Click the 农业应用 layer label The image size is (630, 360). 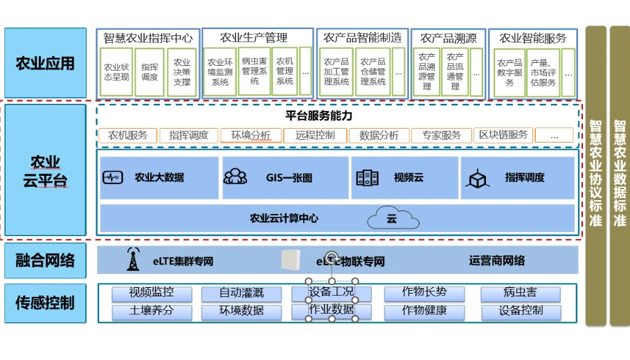tap(46, 64)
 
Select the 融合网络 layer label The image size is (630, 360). tap(46, 260)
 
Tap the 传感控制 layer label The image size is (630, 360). tap(46, 303)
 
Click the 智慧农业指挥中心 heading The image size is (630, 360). tap(148, 38)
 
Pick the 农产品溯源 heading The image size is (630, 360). tap(448, 38)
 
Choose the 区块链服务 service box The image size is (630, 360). tap(504, 136)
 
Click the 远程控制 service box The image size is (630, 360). tap(315, 136)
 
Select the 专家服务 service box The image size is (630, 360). tap(442, 136)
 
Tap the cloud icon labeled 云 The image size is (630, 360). tap(393, 218)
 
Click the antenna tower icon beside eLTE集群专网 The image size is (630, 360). tap(132, 260)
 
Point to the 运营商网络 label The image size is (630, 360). tap(496, 261)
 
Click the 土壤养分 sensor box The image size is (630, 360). tap(152, 311)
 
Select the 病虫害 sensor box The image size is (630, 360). tap(521, 294)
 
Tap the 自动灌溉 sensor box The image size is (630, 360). tap(242, 294)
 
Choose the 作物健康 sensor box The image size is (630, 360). tap(424, 311)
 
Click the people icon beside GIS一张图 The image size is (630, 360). tap(235, 177)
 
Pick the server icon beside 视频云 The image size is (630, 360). tap(367, 178)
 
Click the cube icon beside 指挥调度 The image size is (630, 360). tap(477, 179)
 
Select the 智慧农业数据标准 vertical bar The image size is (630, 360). tap(620, 174)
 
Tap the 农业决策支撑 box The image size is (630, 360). tap(181, 72)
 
